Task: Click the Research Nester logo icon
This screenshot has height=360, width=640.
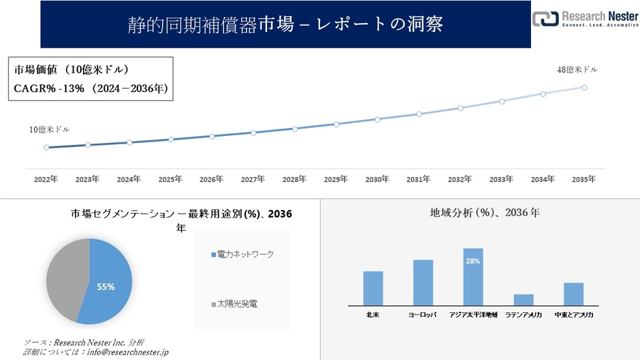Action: tap(544, 18)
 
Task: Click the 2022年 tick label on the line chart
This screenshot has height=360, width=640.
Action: tap(46, 179)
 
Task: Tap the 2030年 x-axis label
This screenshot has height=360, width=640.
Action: tap(377, 179)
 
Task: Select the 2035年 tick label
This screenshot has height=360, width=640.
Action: tap(584, 179)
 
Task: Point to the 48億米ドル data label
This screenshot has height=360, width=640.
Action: tap(577, 69)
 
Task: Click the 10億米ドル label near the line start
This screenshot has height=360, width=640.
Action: tap(49, 129)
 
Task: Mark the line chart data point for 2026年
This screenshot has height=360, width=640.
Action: tap(212, 136)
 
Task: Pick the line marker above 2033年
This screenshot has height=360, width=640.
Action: tap(502, 101)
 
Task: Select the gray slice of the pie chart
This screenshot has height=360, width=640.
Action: tap(65, 276)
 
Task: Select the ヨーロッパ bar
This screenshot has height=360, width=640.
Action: tap(423, 282)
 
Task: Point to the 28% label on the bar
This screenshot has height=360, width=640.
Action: tap(473, 261)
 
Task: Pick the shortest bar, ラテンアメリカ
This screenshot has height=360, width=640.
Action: tap(524, 299)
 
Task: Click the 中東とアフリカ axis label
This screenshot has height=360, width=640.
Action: tap(574, 315)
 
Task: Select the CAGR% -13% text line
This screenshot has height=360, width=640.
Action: tap(90, 88)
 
